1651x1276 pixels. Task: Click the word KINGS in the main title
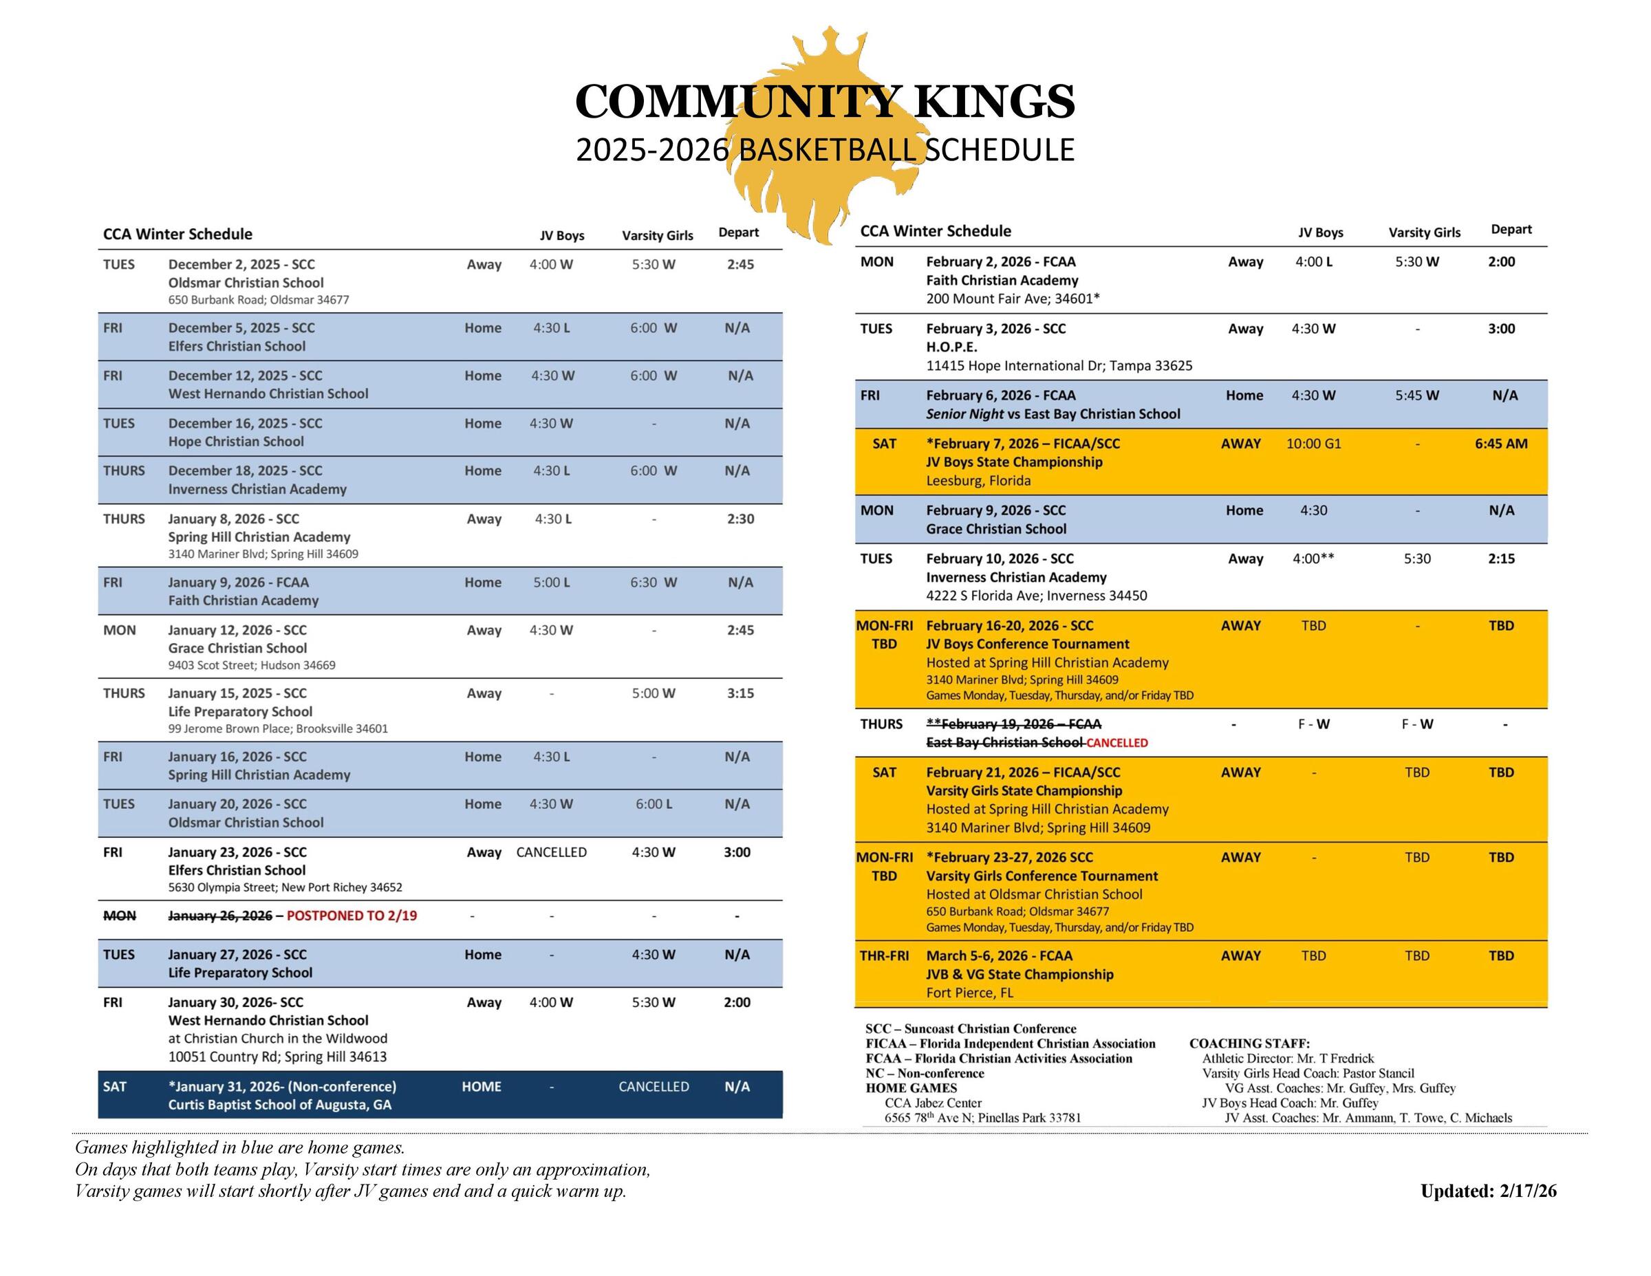coord(994,102)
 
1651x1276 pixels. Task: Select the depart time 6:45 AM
coord(1500,444)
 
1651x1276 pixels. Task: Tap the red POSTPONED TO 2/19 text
coord(352,916)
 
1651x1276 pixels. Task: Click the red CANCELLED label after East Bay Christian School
coord(1116,743)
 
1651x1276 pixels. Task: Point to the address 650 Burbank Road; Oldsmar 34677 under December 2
coord(259,300)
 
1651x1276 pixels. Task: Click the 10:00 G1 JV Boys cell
coord(1313,444)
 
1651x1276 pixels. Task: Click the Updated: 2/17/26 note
coord(1488,1191)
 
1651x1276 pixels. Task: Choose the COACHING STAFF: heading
coord(1249,1044)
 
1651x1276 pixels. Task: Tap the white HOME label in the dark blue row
coord(482,1086)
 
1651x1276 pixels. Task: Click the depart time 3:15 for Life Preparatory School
coord(740,693)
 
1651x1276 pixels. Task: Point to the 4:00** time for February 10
coord(1313,559)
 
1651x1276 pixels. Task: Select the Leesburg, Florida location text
coord(978,481)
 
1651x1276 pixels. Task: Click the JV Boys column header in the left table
coord(561,235)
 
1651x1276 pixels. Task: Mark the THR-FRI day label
coord(884,955)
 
